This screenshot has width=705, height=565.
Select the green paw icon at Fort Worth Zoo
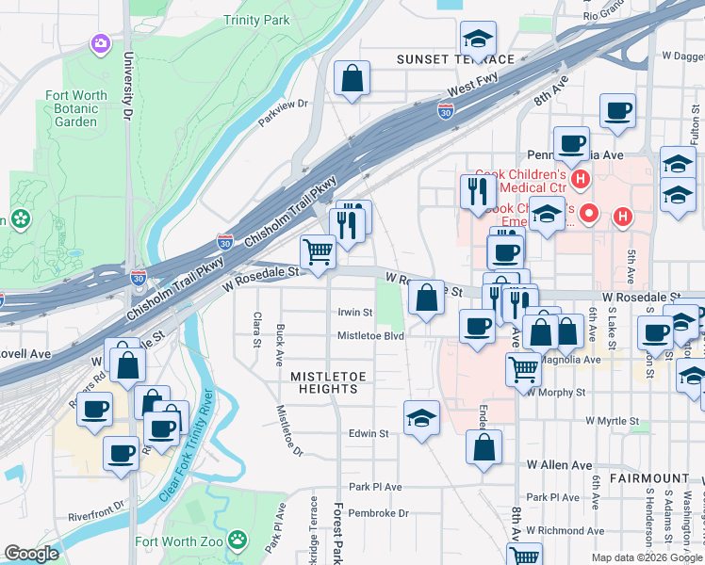click(x=240, y=541)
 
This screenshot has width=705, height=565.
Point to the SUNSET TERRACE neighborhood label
click(x=455, y=59)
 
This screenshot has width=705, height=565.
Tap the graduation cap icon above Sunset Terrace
click(x=478, y=40)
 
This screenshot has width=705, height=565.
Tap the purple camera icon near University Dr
click(x=99, y=42)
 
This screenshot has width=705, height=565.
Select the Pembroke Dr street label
click(x=377, y=513)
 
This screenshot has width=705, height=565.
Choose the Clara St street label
click(x=256, y=329)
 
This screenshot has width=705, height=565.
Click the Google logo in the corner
click(x=32, y=554)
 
